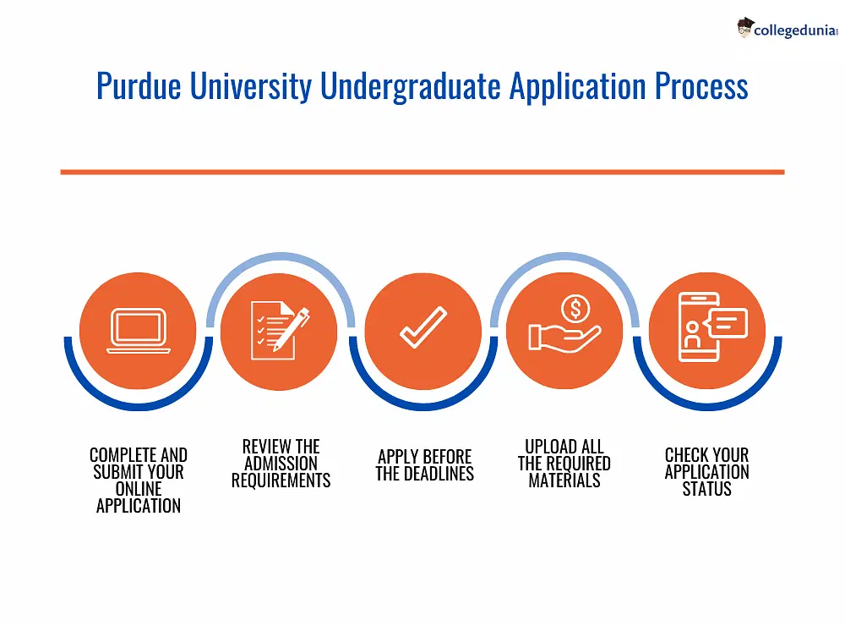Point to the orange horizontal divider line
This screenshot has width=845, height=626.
(x=422, y=172)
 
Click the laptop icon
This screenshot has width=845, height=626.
(x=138, y=332)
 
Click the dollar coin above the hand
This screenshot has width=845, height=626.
(x=575, y=309)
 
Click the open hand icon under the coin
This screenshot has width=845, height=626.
(x=562, y=338)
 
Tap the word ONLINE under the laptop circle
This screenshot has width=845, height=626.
(x=138, y=489)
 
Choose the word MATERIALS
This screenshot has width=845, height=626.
(x=564, y=480)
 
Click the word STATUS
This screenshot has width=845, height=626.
(x=706, y=489)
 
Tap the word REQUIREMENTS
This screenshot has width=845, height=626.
(x=281, y=480)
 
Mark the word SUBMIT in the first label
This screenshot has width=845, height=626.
(x=117, y=472)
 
